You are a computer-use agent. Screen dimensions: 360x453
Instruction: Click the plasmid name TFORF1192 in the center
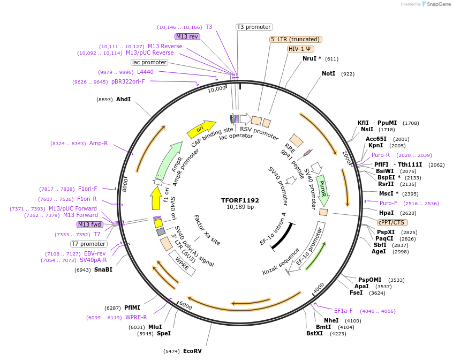coord(240,200)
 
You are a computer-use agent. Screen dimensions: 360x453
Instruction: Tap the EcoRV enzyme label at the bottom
coord(192,351)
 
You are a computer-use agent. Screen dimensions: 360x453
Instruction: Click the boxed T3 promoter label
coord(254,27)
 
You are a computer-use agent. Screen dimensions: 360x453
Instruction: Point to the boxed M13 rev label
coord(187,36)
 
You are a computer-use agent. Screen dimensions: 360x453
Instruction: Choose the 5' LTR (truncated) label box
coord(295,39)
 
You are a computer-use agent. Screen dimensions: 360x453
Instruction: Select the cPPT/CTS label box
coord(392,222)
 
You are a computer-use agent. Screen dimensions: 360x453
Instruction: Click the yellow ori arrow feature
coord(199,129)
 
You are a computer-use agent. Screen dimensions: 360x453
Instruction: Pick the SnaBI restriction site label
coord(103,269)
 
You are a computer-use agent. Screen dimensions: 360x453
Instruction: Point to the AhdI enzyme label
coord(124,99)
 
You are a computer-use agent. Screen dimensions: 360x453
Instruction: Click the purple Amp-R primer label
coord(99,143)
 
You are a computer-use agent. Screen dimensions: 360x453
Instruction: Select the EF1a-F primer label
coord(343,311)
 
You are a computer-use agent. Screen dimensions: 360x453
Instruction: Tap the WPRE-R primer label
coord(136,317)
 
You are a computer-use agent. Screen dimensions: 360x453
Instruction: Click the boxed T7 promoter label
coord(89,244)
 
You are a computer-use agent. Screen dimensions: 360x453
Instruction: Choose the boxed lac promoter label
coord(149,63)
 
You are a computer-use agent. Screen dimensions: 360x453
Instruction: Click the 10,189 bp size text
coord(240,207)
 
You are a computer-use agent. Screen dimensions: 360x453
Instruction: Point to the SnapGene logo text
coord(438,4)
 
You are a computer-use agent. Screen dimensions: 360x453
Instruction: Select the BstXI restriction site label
coord(315,333)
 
